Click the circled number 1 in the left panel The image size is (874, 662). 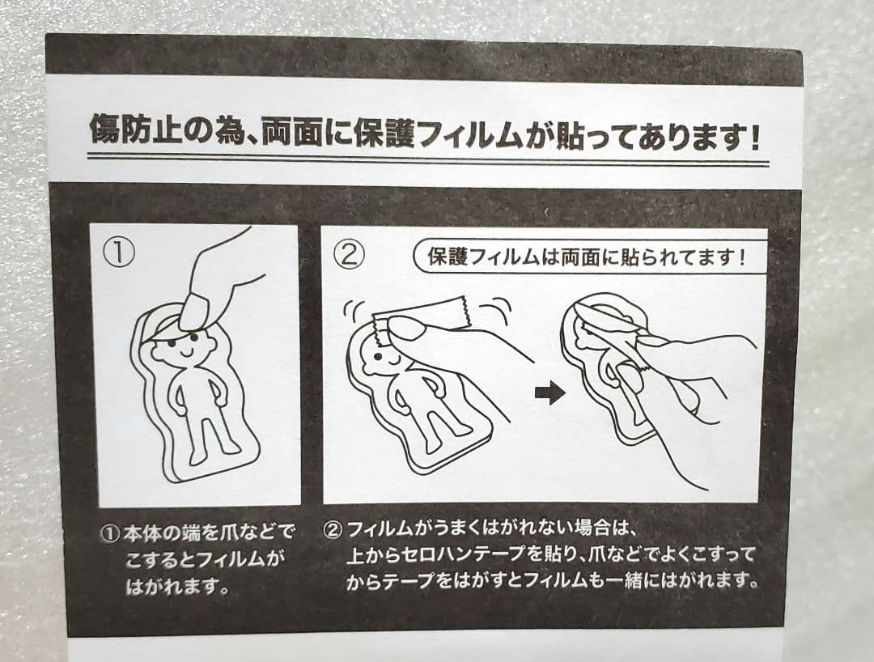click(x=119, y=253)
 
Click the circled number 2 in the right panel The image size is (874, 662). click(x=349, y=255)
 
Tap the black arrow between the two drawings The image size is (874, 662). click(x=549, y=393)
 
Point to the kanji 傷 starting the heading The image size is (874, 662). click(x=105, y=129)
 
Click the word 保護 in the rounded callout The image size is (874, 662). click(x=447, y=257)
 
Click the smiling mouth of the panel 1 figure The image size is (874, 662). click(x=185, y=353)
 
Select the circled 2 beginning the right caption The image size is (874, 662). click(x=333, y=528)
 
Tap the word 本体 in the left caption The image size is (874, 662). click(x=142, y=533)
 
